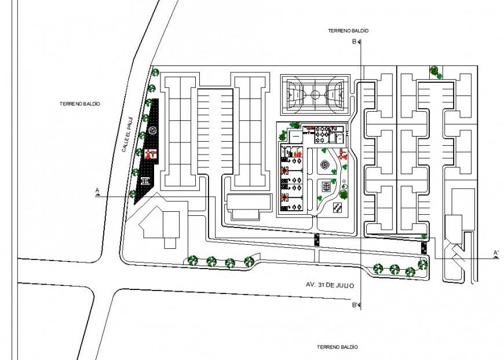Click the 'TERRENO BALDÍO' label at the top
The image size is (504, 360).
pos(348,30)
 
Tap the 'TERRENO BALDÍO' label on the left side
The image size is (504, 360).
pos(80,104)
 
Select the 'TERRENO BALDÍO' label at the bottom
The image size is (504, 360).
pos(337,347)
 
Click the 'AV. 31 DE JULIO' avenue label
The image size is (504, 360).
pos(329,285)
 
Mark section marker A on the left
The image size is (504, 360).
pos(97,192)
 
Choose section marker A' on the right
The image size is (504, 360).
pos(496,254)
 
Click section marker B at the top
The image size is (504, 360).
pos(355,42)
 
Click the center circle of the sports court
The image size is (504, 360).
pos(315,93)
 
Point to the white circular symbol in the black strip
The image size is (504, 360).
pos(152,130)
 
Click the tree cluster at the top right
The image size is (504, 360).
pos(435,71)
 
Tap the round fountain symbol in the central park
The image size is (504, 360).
pos(325,165)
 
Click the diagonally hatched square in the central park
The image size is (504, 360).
pos(338,207)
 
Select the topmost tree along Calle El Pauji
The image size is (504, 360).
pos(155,73)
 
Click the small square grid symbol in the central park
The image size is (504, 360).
pos(326,186)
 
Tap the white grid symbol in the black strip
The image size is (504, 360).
pos(144,181)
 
